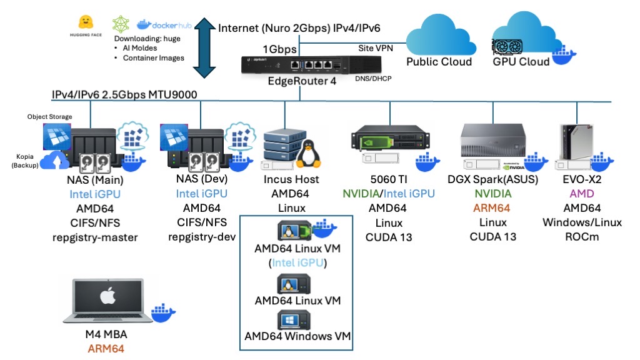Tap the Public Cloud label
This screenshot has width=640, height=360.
point(439,61)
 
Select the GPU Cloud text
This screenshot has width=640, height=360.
point(521,61)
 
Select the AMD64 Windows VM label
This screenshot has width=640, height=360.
point(297,336)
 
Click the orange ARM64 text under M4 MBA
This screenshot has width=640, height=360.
point(106,348)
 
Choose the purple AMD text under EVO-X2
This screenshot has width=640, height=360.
point(582,194)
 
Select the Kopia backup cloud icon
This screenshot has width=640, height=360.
point(56,161)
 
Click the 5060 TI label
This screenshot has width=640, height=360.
point(389,179)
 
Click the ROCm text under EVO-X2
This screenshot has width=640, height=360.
point(582,237)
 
